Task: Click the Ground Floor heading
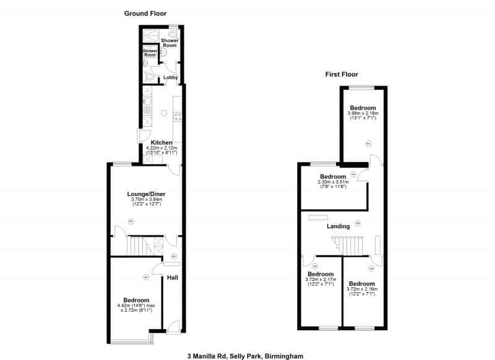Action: pyautogui.click(x=145, y=13)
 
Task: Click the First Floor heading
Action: pyautogui.click(x=341, y=74)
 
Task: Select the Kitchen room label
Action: pyautogui.click(x=161, y=143)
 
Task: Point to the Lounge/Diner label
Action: pyautogui.click(x=146, y=194)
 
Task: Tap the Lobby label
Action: pyautogui.click(x=171, y=78)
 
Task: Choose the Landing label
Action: pyautogui.click(x=338, y=226)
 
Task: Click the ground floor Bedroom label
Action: pyautogui.click(x=137, y=300)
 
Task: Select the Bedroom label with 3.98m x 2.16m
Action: pyautogui.click(x=362, y=108)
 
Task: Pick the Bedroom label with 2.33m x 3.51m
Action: pyautogui.click(x=333, y=176)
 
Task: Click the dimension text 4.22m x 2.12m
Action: pyautogui.click(x=161, y=148)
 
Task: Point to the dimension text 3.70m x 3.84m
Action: pyautogui.click(x=146, y=200)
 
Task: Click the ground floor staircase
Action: pyautogui.click(x=139, y=246)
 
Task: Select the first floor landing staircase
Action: pyautogui.click(x=351, y=244)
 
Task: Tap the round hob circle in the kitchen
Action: pyautogui.click(x=164, y=113)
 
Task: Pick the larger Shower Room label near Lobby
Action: pyautogui.click(x=170, y=43)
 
